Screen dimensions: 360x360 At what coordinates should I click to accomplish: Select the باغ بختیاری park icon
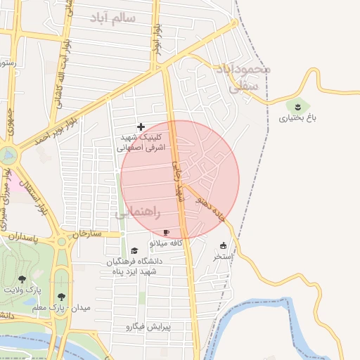(x=299, y=106)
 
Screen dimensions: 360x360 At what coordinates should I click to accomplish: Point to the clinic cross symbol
(x=141, y=127)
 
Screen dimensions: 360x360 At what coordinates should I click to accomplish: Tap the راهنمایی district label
(x=138, y=211)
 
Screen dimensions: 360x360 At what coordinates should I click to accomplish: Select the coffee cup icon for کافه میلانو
(x=167, y=232)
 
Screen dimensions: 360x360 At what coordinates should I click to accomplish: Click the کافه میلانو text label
(x=166, y=243)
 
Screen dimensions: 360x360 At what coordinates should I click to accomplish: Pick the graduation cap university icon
(x=134, y=251)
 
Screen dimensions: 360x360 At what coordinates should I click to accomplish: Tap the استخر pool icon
(x=224, y=245)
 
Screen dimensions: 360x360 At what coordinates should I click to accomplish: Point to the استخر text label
(x=223, y=257)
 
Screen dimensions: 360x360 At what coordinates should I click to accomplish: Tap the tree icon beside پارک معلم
(x=62, y=297)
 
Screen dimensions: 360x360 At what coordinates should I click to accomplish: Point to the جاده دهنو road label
(x=211, y=207)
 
